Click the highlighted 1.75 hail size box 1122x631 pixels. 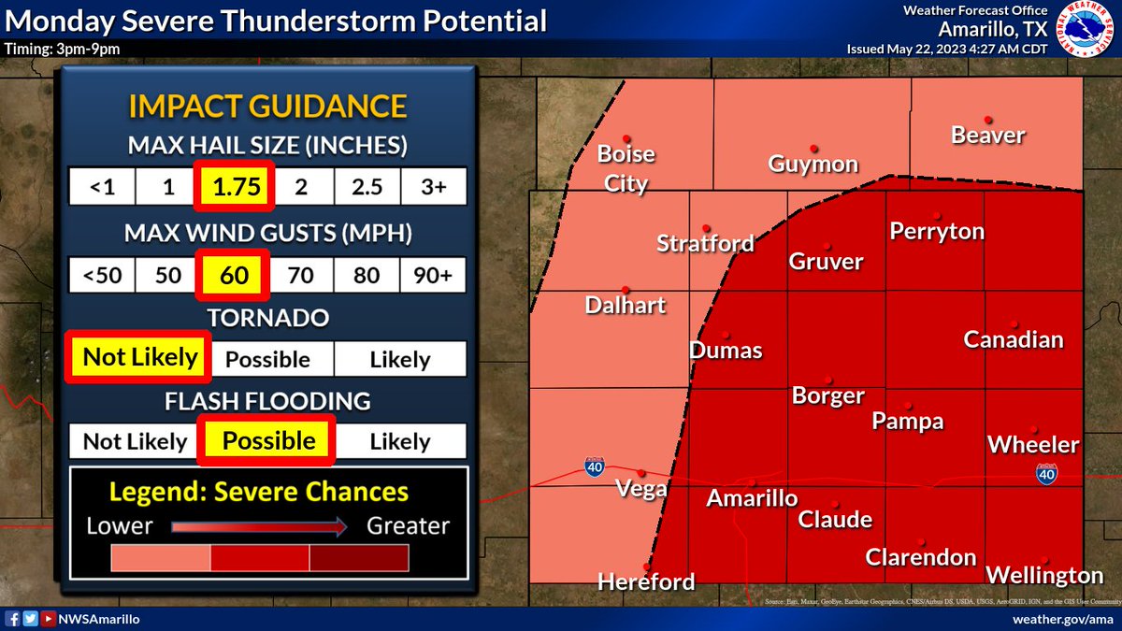click(x=235, y=186)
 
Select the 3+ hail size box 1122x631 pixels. click(x=433, y=186)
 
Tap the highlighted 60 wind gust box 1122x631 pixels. click(x=234, y=276)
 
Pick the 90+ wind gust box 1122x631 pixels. click(x=433, y=276)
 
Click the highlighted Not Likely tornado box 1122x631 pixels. click(x=140, y=357)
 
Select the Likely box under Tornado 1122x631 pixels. click(x=400, y=359)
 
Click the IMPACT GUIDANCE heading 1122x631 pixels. click(x=267, y=106)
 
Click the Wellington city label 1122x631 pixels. click(x=1044, y=574)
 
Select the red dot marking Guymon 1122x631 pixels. click(x=814, y=148)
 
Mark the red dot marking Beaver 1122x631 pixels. click(x=987, y=119)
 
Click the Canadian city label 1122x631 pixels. click(x=1014, y=339)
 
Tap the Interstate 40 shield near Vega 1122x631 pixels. click(x=594, y=466)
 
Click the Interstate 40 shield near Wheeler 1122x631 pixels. click(x=1046, y=474)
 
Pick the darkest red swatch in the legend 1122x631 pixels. click(x=359, y=558)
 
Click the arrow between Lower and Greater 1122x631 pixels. click(x=260, y=526)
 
